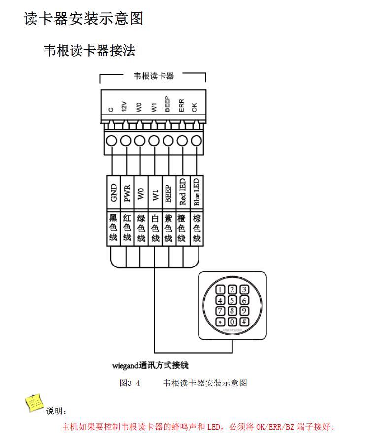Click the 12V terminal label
pyautogui.click(x=125, y=107)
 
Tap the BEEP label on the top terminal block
pyautogui.click(x=167, y=104)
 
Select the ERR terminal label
pyautogui.click(x=181, y=106)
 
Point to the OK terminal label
pyautogui.click(x=195, y=107)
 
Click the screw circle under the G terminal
pyautogui.click(x=112, y=141)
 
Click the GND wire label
pyautogui.click(x=114, y=193)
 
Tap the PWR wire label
pyautogui.click(x=127, y=193)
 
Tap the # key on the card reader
pyautogui.click(x=244, y=322)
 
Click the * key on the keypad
pyautogui.click(x=220, y=322)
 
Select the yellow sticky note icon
pyautogui.click(x=34, y=403)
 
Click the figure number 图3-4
pyautogui.click(x=130, y=383)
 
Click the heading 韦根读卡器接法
pyautogui.click(x=89, y=50)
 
